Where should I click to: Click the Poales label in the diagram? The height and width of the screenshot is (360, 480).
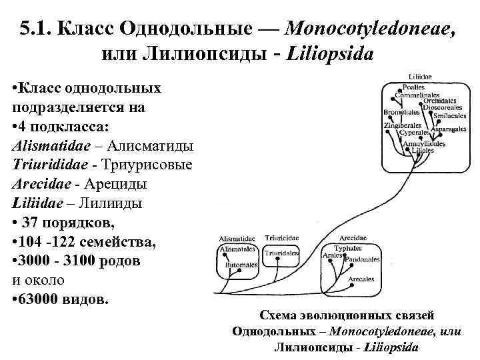(x=411, y=87)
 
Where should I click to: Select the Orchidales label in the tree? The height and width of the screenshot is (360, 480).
(x=439, y=100)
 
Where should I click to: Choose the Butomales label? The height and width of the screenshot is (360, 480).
(x=240, y=265)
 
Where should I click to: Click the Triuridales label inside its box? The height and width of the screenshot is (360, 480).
(x=281, y=254)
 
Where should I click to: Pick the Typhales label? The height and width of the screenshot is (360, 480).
(x=347, y=249)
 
